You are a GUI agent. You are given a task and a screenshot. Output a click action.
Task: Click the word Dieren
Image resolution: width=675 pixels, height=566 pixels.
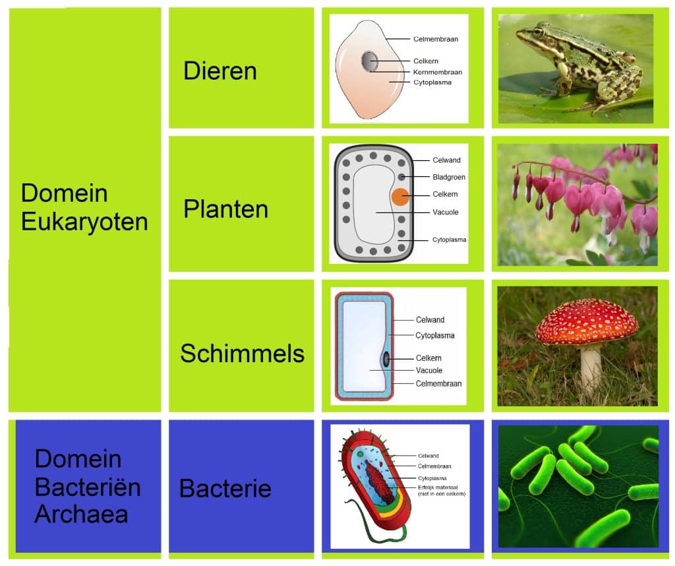point(220,71)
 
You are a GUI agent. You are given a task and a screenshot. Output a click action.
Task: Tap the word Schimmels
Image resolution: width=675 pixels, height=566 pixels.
point(242,354)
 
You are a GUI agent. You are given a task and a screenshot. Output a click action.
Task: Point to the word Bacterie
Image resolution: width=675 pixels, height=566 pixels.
point(225,489)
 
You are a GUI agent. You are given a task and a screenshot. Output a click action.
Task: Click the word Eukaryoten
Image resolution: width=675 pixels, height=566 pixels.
point(84,222)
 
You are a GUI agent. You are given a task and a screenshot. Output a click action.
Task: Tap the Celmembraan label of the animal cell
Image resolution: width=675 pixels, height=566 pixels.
point(436,39)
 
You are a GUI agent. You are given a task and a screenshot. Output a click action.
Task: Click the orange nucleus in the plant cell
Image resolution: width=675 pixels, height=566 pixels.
point(400,196)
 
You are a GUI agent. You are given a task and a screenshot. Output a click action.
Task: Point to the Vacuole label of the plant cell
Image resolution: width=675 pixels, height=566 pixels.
point(445,212)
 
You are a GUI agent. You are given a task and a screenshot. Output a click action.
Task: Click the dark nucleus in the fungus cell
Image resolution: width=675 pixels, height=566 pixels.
point(386,359)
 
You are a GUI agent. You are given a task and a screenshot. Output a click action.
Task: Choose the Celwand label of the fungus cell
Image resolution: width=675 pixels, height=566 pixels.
point(430,320)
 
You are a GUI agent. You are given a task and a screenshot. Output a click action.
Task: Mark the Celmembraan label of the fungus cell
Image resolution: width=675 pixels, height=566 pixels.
point(438,383)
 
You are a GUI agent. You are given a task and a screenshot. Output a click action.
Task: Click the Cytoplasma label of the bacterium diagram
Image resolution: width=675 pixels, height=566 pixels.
point(432,478)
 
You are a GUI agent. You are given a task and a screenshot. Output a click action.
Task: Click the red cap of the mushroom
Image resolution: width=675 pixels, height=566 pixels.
point(586,321)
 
